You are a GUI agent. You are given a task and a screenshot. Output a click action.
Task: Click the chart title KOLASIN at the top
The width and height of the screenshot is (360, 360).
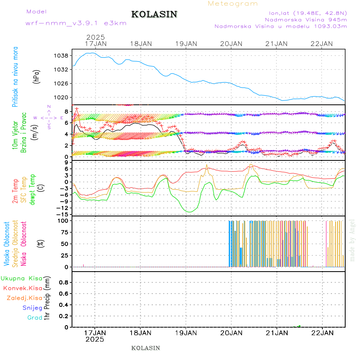154,14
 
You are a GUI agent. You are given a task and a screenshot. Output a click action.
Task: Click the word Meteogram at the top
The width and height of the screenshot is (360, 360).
233,4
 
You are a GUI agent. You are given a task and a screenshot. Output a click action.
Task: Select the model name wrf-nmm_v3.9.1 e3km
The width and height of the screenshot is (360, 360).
76,23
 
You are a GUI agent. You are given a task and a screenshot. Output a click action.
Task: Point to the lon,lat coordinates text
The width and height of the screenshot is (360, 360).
308,13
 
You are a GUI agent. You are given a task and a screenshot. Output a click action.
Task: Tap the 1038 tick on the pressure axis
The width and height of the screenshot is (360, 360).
63,55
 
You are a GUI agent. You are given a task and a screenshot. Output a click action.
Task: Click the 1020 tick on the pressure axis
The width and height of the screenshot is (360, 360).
63,97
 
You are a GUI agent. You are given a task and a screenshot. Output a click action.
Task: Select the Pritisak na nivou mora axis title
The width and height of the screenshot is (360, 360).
15,77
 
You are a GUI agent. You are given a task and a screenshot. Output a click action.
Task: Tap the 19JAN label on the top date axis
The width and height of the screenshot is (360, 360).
186,43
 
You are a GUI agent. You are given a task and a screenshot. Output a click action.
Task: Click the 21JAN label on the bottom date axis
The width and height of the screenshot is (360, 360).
276,332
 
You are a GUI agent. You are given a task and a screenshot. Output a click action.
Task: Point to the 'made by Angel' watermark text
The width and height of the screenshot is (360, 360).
352,240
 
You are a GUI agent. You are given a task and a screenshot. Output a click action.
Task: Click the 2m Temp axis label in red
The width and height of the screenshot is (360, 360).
15,191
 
